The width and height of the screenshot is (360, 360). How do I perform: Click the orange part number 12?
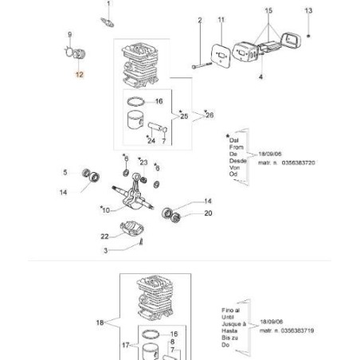point(78,73)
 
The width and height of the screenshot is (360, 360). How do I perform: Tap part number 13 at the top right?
point(309,10)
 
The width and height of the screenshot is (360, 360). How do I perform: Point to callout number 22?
point(104,236)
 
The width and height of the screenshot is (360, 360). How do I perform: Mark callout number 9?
point(70,34)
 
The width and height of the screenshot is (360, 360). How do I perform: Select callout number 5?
point(65,171)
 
